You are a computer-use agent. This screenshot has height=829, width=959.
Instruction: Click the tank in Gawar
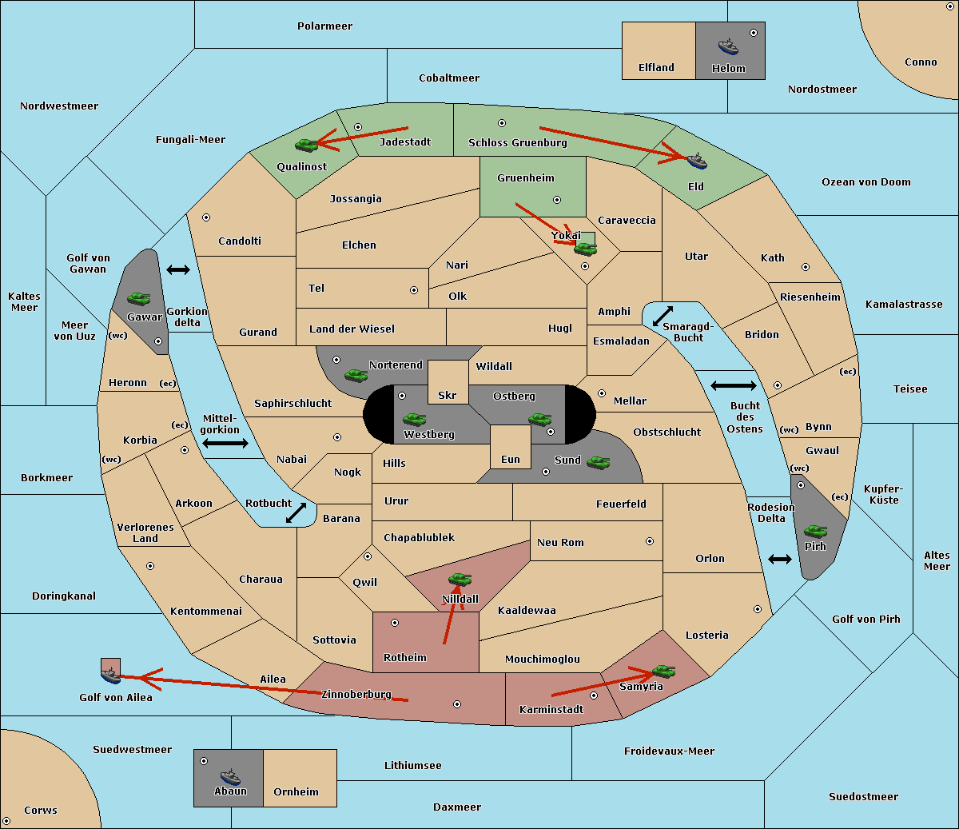[x=138, y=299]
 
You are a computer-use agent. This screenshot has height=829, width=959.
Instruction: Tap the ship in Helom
[x=728, y=46]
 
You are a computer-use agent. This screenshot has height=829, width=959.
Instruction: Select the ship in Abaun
[x=230, y=776]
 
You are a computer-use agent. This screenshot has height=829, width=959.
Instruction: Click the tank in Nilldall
[x=460, y=579]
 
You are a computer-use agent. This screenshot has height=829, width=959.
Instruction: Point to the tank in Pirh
[x=815, y=532]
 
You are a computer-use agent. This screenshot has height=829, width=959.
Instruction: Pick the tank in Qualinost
[x=307, y=145]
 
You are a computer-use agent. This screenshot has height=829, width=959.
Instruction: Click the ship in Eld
[x=696, y=161]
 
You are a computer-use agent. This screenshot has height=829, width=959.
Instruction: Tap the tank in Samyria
[x=663, y=671]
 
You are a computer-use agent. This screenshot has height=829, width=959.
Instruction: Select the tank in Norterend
[x=356, y=375]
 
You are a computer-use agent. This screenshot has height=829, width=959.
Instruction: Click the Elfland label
[x=656, y=68]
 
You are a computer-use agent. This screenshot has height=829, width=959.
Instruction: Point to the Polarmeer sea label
[x=324, y=26]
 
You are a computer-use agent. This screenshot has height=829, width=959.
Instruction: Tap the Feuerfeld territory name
[x=621, y=504]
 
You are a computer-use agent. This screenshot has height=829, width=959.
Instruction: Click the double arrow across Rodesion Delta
[x=780, y=559]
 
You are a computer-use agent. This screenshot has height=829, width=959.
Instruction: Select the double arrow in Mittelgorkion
[x=225, y=443]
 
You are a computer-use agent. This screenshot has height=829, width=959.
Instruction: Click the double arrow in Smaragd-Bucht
[x=663, y=316]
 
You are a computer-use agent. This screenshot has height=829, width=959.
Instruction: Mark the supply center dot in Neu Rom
[x=650, y=541]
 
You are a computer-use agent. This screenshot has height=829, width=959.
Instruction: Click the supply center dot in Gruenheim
[x=557, y=200]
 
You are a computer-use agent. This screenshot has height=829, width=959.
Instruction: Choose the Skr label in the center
[x=448, y=396]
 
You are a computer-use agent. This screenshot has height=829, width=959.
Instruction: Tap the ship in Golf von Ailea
[x=110, y=676]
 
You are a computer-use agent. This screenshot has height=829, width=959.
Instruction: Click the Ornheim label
[x=296, y=792]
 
